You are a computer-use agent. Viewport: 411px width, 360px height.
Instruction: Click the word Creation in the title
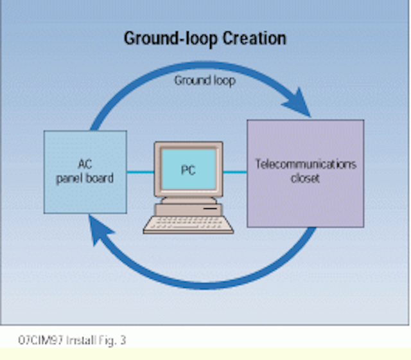pyautogui.click(x=254, y=39)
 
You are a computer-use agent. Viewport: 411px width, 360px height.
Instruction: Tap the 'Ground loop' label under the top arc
pyautogui.click(x=205, y=80)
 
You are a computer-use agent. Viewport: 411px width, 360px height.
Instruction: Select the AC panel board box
pyautogui.click(x=85, y=172)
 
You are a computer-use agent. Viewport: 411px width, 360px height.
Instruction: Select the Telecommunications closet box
pyautogui.click(x=306, y=174)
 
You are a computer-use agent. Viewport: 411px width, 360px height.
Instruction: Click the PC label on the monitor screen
pyautogui.click(x=188, y=170)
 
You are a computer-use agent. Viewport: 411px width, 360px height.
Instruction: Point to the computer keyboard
pyautogui.click(x=188, y=224)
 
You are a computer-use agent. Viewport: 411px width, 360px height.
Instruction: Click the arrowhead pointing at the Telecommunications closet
pyautogui.click(x=297, y=103)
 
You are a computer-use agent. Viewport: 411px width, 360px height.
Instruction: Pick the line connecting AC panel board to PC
pyautogui.click(x=141, y=172)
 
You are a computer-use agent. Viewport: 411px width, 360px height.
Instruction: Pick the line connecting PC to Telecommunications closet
pyautogui.click(x=235, y=172)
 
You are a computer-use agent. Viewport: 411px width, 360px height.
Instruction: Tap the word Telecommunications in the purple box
pyautogui.click(x=306, y=165)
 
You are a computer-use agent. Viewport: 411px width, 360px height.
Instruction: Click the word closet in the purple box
pyautogui.click(x=305, y=179)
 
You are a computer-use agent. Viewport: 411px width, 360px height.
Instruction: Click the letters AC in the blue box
pyautogui.click(x=85, y=165)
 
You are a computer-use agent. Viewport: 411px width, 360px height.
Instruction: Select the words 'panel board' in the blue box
pyautogui.click(x=85, y=179)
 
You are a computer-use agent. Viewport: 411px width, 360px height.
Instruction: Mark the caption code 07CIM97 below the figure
pyautogui.click(x=40, y=340)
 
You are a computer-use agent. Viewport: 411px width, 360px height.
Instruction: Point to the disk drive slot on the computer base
pyautogui.click(x=210, y=208)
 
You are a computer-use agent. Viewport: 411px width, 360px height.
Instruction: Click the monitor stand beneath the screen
pyautogui.click(x=189, y=201)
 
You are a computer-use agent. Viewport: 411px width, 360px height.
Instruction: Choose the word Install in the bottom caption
pyautogui.click(x=81, y=340)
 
